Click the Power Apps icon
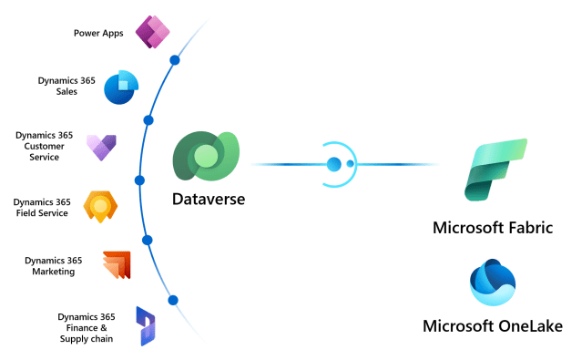point(153,33)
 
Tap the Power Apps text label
point(98,34)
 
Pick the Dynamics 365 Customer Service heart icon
point(99,147)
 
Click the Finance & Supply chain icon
point(146,325)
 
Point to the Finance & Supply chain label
point(87,327)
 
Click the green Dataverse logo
point(206,157)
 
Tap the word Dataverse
point(208,199)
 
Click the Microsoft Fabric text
point(492,228)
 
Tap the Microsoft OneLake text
point(493,326)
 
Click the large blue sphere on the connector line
point(333,164)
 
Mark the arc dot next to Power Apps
point(175,61)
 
